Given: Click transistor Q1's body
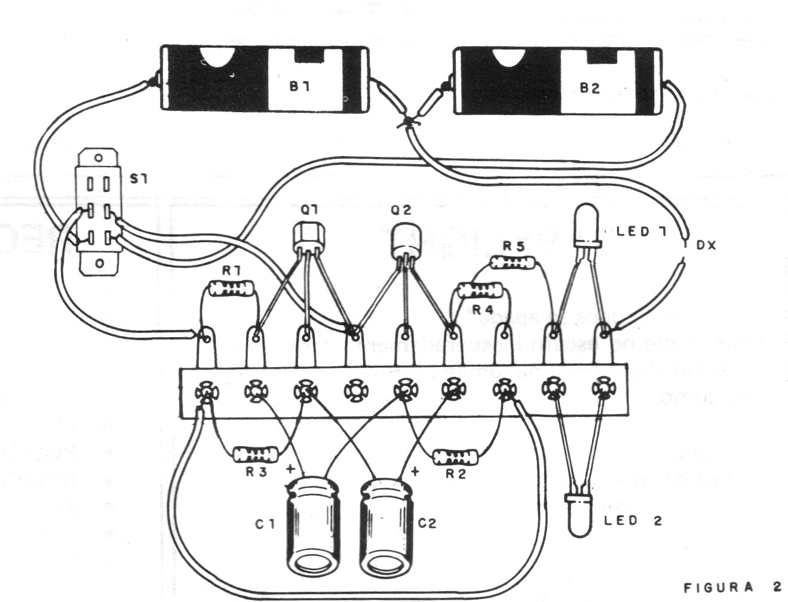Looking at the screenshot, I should click(308, 239).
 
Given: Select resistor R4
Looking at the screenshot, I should click(480, 291).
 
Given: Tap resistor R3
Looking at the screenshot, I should click(256, 455).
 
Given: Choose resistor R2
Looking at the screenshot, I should click(456, 458).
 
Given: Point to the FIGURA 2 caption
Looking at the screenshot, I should click(732, 587).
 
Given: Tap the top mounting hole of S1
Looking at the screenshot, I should click(99, 159).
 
